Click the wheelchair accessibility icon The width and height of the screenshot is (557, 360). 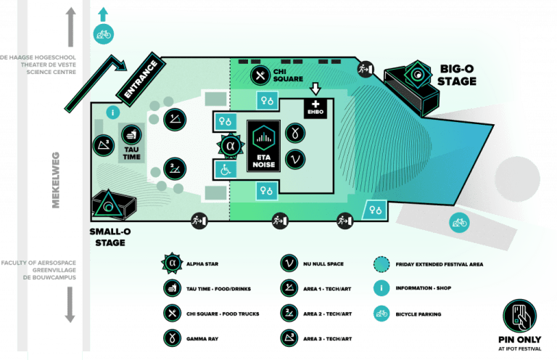(224, 169)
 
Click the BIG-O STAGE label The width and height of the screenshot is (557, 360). (457, 75)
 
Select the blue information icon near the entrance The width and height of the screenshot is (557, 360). (112, 112)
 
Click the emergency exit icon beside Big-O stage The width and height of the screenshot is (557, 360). (365, 68)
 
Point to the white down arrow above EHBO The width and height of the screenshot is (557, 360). (315, 89)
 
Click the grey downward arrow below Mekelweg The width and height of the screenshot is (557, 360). (70, 304)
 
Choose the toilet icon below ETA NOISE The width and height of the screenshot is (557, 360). (266, 191)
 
